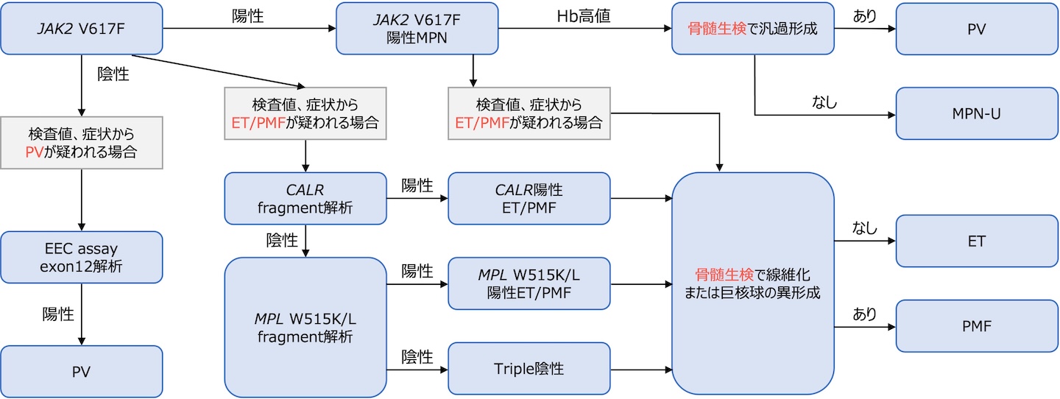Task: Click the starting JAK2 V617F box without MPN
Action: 81,29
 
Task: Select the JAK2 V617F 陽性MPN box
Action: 417,29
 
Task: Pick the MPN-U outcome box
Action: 976,113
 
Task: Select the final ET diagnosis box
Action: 976,241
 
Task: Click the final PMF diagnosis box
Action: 976,325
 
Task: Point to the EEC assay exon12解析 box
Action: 81,258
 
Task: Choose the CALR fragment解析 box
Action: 305,198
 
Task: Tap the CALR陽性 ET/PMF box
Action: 529,198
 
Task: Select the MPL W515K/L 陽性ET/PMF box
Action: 529,283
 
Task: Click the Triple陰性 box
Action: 529,368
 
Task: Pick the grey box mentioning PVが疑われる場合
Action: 81,144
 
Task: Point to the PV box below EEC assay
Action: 81,371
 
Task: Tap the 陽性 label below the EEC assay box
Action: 58,314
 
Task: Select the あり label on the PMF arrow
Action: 865,314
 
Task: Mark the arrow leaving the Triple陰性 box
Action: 640,368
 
